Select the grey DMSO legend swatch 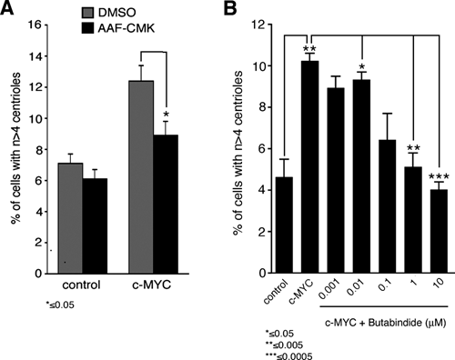coord(88,13)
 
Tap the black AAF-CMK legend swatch coord(88,28)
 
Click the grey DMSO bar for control coord(70,218)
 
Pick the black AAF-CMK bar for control coord(95,226)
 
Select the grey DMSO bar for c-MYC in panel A coord(141,177)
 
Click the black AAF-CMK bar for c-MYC coord(166,205)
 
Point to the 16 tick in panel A coord(35,25)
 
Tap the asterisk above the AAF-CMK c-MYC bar coord(166,115)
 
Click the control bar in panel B coord(284,225)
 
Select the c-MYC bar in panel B coord(309,167)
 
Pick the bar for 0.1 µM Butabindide coord(388,206)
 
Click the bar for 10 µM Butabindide coord(439,231)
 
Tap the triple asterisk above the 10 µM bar coord(439,176)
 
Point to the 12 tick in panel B coord(259,25)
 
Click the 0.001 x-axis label coord(329,289)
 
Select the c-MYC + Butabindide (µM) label coord(386,323)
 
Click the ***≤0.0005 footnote coord(288,356)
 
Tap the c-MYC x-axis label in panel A coord(152,285)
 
